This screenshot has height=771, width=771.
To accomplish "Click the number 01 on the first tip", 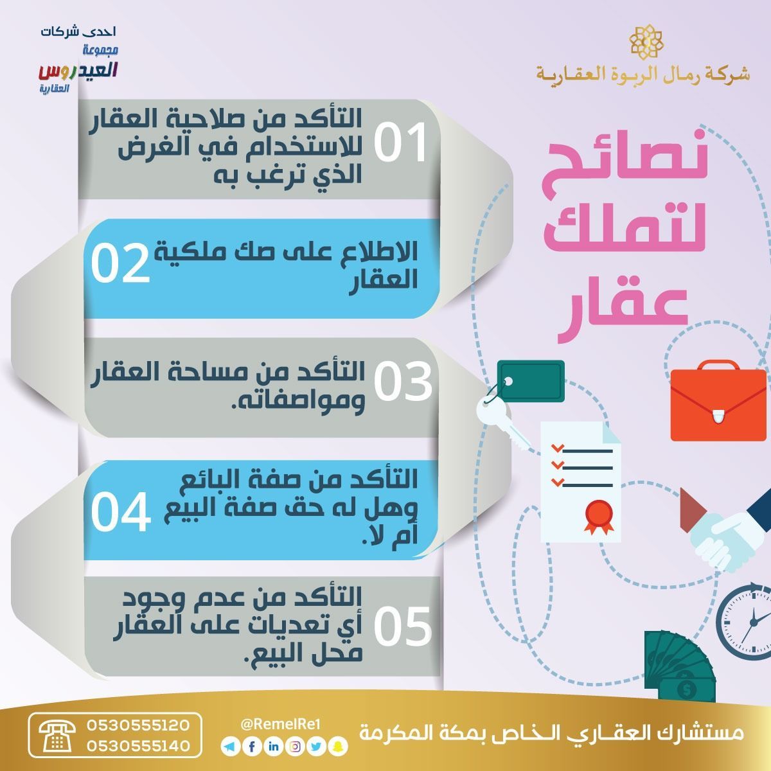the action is (x=400, y=142).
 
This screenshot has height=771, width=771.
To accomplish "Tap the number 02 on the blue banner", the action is (x=120, y=263).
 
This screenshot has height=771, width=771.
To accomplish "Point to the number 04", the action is (x=121, y=511).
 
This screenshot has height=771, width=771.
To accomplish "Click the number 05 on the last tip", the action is (x=403, y=626).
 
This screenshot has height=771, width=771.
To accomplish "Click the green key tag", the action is (x=531, y=381).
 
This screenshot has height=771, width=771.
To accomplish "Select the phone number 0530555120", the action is (x=137, y=725).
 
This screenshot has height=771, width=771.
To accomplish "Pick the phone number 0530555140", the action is (x=137, y=746).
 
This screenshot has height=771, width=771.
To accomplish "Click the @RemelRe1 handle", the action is (x=281, y=724).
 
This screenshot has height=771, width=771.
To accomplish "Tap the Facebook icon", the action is (x=252, y=746).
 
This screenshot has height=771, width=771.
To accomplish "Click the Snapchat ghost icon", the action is (x=339, y=746).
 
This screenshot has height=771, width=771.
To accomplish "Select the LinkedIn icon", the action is (x=274, y=746).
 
